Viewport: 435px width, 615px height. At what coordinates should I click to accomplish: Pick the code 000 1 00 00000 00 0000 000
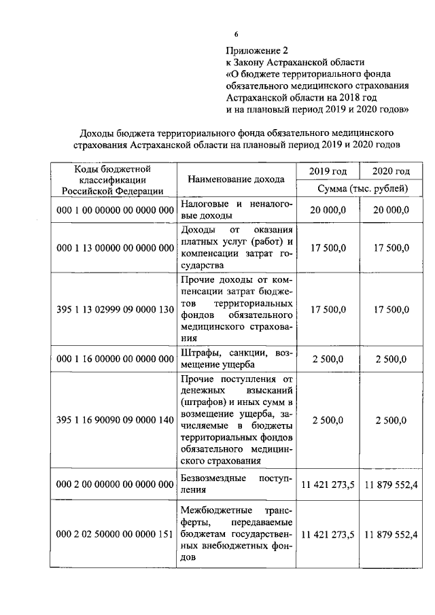click(x=115, y=211)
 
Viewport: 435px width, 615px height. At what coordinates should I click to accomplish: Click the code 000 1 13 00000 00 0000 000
click(x=115, y=248)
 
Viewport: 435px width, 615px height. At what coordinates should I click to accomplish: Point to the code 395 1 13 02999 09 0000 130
click(x=115, y=309)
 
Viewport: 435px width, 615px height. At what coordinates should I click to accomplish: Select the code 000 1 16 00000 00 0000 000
click(x=115, y=358)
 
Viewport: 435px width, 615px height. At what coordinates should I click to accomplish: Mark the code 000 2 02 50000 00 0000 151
click(x=115, y=534)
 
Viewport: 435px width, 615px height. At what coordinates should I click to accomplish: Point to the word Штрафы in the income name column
click(x=198, y=352)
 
